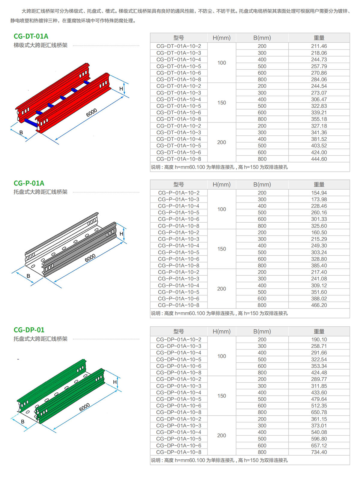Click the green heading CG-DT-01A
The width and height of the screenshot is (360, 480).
tap(31, 36)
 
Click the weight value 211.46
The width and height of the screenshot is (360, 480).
tap(319, 46)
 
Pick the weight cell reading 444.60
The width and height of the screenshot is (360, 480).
tap(319, 159)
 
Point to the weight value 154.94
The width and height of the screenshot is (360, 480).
tap(319, 193)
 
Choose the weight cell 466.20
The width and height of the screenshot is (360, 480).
tap(319, 305)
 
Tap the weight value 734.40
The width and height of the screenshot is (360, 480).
tap(319, 452)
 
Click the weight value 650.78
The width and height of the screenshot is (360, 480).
tap(319, 412)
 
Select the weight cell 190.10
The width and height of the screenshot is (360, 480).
tap(319, 339)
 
